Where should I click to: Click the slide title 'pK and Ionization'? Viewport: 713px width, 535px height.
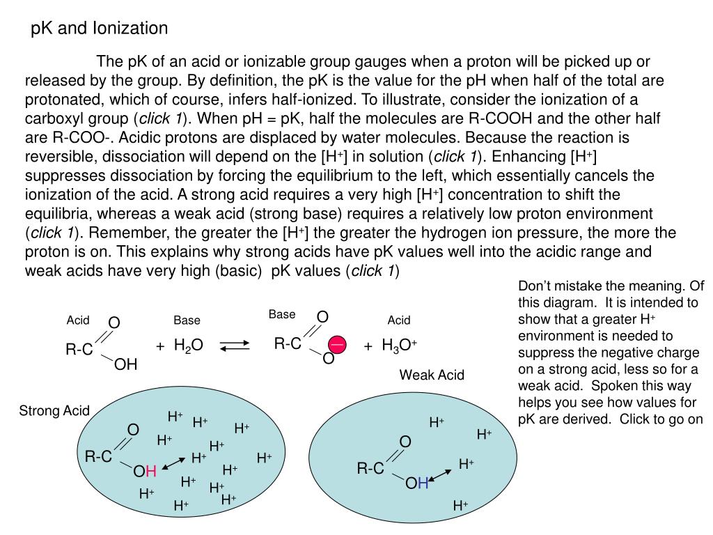[100, 29]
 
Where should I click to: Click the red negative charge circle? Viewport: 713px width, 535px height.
[338, 345]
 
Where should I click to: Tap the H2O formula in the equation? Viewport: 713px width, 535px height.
[188, 346]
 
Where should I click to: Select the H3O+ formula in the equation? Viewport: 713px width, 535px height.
[399, 346]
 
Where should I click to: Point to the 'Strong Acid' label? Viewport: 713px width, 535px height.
[54, 411]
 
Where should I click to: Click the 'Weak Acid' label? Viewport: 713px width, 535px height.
[432, 375]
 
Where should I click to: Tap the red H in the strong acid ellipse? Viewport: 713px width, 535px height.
[150, 472]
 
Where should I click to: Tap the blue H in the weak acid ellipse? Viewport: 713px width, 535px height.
[422, 483]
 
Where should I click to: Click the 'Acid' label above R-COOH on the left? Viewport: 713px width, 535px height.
[78, 320]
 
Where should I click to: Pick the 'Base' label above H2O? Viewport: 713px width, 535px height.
[187, 320]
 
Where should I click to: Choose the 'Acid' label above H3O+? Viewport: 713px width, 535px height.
[399, 320]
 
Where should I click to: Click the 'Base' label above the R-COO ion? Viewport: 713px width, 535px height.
[282, 315]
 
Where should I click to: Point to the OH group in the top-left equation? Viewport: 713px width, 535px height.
[126, 364]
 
